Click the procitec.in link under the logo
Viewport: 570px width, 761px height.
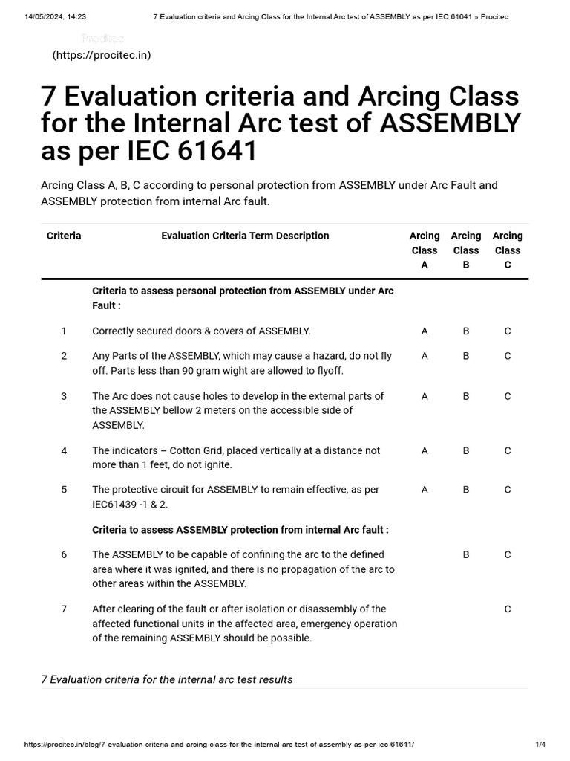(102, 55)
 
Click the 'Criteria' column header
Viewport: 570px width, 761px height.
(64, 236)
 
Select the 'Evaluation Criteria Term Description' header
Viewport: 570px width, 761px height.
(245, 236)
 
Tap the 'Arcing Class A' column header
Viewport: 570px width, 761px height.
(425, 250)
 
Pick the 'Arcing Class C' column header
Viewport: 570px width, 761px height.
(508, 250)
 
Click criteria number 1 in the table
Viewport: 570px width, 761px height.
(64, 331)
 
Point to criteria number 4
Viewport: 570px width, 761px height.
(64, 450)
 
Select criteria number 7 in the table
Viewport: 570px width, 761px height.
(64, 609)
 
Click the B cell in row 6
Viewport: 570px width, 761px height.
(466, 554)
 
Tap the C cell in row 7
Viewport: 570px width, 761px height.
(508, 609)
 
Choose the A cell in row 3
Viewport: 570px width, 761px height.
(425, 396)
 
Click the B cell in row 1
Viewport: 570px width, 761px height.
(466, 331)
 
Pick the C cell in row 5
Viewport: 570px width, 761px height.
(508, 490)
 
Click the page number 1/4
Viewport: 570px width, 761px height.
(540, 744)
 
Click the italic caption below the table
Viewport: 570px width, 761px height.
(167, 679)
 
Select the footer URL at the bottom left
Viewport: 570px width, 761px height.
(219, 744)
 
